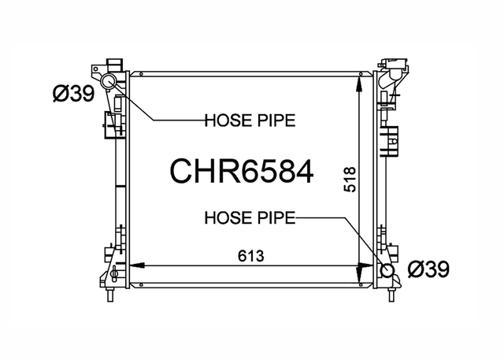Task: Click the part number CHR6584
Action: [242, 172]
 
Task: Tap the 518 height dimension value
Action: [350, 180]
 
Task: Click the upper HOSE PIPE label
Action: [250, 121]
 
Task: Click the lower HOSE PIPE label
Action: [250, 217]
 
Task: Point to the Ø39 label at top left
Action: [74, 94]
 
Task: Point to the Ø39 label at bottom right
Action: [428, 269]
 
